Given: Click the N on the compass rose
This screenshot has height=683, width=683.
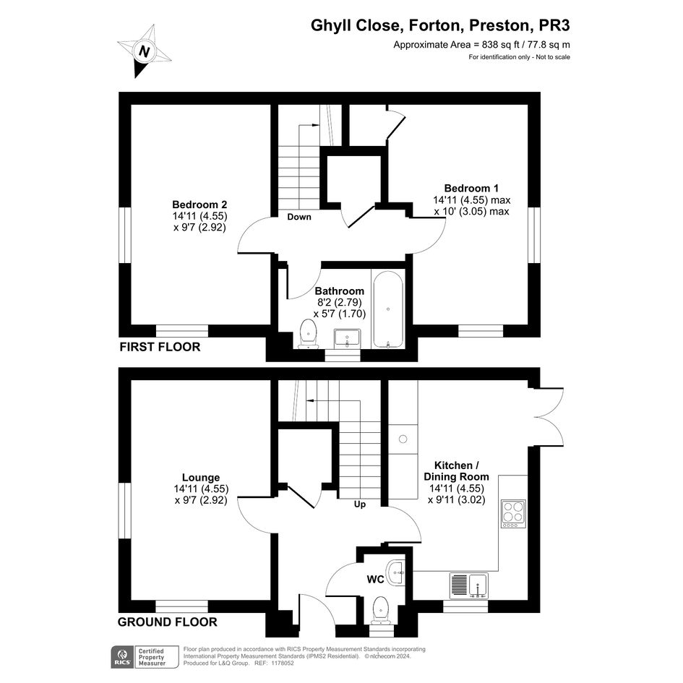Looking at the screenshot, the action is (144, 51).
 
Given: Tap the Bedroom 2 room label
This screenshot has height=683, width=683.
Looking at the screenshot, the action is (200, 205).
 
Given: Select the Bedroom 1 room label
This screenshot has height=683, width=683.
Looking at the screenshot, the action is (471, 188).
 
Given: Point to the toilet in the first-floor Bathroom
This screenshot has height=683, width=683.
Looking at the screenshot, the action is (309, 334).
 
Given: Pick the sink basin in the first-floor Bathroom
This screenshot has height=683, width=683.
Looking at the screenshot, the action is (347, 338).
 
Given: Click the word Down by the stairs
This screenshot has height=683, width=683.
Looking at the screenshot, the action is (299, 217).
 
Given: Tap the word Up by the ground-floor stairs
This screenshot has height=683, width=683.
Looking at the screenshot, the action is (360, 504).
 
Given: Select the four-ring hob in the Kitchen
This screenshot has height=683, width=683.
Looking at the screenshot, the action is (514, 514).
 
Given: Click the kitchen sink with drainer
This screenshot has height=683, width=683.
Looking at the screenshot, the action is (468, 586).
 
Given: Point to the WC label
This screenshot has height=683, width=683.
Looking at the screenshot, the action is (376, 580).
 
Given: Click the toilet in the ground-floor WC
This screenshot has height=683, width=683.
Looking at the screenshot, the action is (381, 610).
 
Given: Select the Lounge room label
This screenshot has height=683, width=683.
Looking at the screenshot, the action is (201, 478).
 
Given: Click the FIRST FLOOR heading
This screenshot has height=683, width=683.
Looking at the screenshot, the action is (160, 347).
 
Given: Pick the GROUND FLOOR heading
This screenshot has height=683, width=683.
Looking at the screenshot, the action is (167, 622).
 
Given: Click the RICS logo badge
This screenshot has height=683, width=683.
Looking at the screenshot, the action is (123, 657).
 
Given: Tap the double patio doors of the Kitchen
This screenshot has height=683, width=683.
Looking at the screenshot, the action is (549, 417).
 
